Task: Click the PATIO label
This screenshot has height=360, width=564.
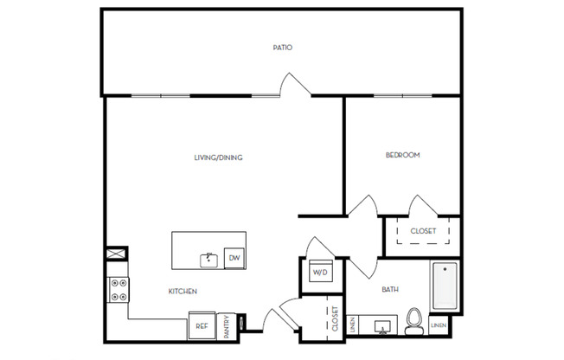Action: pos(282,48)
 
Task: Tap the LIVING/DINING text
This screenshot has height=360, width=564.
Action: pos(218,157)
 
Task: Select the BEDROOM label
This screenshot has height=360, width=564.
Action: pos(402,155)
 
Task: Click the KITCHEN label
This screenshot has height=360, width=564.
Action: pos(182,292)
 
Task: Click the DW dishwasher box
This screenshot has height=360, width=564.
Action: pos(234,257)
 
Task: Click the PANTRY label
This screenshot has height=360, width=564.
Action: pos(227,326)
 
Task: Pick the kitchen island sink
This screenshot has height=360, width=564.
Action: pos(208,258)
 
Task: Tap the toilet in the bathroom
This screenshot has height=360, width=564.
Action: pos(415,321)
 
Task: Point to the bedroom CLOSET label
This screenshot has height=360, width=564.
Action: pos(423,231)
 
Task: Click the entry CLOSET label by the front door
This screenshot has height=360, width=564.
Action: pos(333,319)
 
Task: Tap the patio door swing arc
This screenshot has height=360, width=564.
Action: pos(292,84)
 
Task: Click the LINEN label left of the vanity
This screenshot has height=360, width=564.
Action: pos(352,325)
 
